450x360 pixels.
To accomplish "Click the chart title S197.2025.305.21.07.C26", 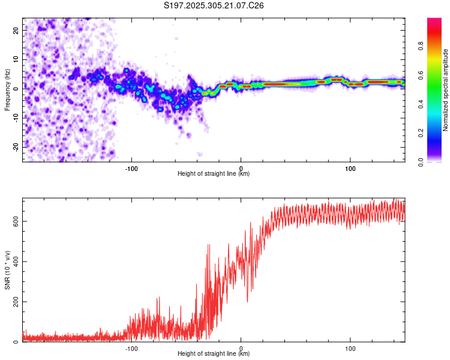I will (x=214, y=5).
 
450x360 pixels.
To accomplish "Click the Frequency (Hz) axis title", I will (x=7, y=89).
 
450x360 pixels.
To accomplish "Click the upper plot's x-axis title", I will (x=214, y=173).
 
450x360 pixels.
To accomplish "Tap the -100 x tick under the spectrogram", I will (x=131, y=167).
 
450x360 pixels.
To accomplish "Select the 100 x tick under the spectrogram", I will (x=350, y=167).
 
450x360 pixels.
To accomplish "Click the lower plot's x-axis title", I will (x=214, y=353).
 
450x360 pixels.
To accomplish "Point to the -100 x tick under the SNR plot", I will (x=131, y=347).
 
